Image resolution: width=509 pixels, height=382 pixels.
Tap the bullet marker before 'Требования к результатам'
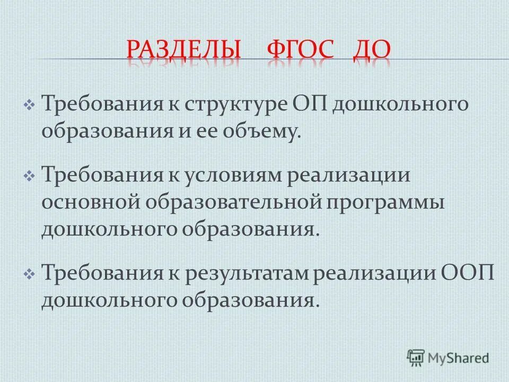(29, 275)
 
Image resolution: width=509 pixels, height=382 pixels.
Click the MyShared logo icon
(416, 357)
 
